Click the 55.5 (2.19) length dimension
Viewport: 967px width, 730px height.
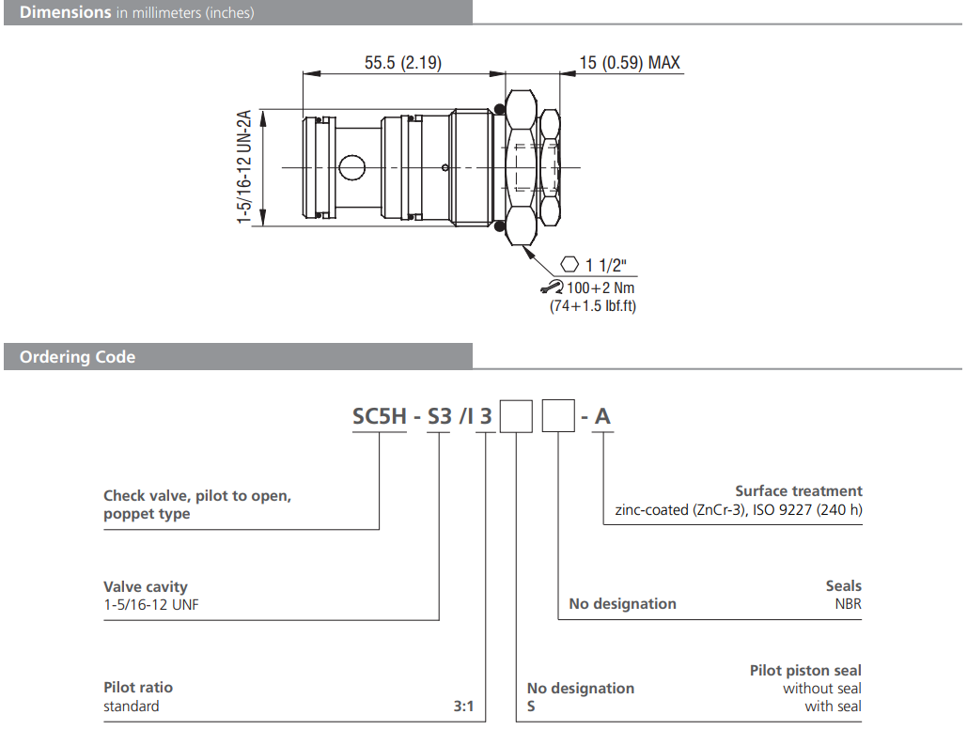tap(403, 63)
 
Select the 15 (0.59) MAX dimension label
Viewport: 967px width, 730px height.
tap(629, 63)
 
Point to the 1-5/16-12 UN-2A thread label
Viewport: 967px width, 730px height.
tap(244, 166)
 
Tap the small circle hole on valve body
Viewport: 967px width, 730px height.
tap(352, 167)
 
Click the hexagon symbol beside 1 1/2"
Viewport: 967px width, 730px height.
tap(569, 265)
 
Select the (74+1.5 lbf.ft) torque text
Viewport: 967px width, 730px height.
tap(592, 306)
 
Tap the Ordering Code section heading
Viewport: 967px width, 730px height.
tap(77, 357)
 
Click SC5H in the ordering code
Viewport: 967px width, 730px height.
tap(379, 415)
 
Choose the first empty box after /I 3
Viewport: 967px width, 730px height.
tap(516, 415)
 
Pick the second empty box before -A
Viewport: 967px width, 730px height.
tap(560, 415)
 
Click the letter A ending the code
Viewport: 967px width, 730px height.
tap(602, 415)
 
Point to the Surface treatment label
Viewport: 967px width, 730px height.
tap(798, 490)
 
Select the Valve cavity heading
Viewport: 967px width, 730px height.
tap(146, 587)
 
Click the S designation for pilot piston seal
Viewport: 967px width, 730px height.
tap(532, 706)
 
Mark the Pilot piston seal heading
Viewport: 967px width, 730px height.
tap(805, 670)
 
